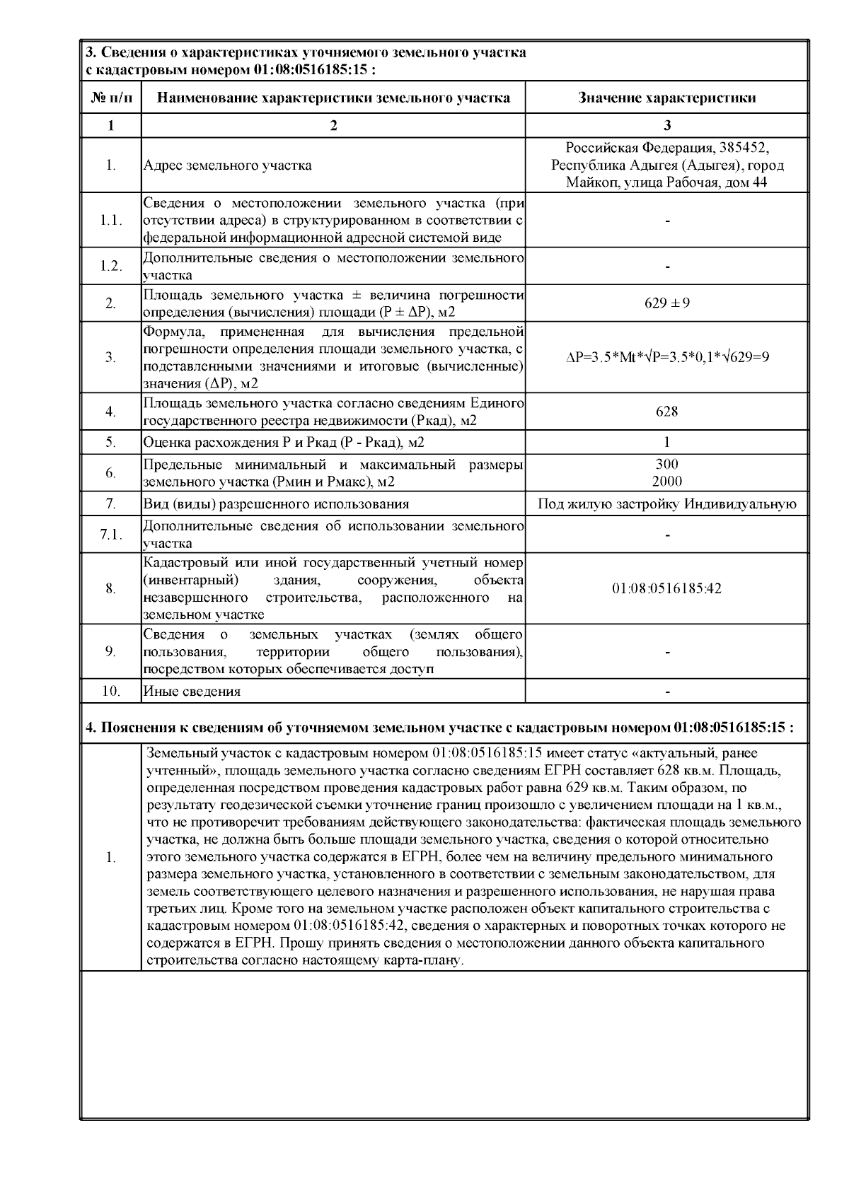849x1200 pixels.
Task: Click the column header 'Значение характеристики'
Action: pyautogui.click(x=666, y=98)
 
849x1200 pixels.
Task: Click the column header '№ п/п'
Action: pyautogui.click(x=111, y=98)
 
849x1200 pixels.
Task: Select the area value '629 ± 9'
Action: pyautogui.click(x=666, y=303)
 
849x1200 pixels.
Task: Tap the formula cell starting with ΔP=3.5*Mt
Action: pyautogui.click(x=666, y=357)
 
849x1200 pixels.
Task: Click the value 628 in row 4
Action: pyautogui.click(x=666, y=412)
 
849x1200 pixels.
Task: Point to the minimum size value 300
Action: pyautogui.click(x=666, y=465)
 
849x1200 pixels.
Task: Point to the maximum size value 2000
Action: pyautogui.click(x=666, y=482)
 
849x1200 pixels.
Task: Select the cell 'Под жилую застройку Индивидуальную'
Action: pyautogui.click(x=666, y=504)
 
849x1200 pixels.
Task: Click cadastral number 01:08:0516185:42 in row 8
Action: pyautogui.click(x=666, y=588)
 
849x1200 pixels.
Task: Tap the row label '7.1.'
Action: pyautogui.click(x=111, y=535)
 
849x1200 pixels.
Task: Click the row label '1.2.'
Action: pyautogui.click(x=111, y=267)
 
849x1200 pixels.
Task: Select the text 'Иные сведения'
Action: pyautogui.click(x=192, y=692)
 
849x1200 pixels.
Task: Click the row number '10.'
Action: pyautogui.click(x=111, y=692)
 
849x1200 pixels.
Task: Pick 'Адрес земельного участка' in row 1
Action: pyautogui.click(x=227, y=166)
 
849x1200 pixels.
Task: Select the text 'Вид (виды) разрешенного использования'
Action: pyautogui.click(x=276, y=504)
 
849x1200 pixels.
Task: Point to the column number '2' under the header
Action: pyautogui.click(x=333, y=126)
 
